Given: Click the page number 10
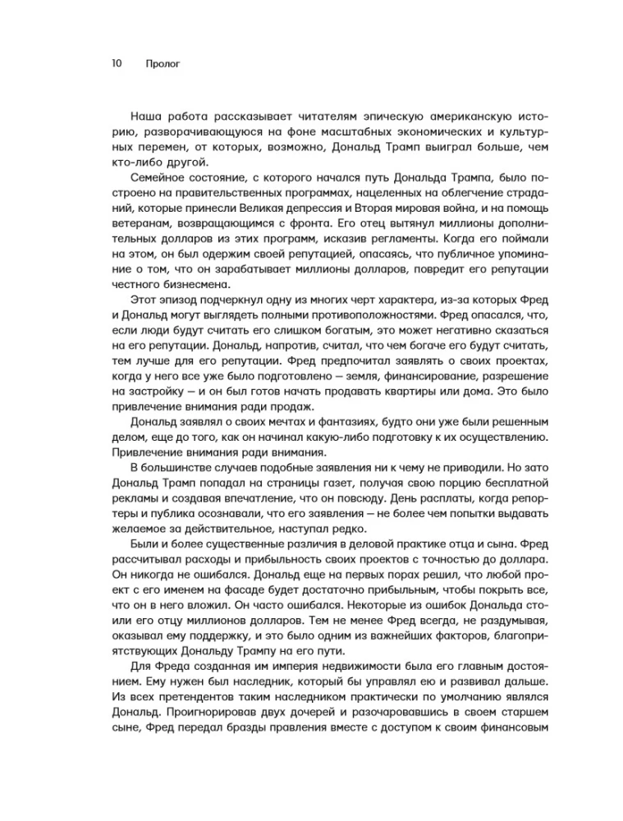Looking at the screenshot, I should [116, 62].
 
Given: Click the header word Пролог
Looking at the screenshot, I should [160, 62].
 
